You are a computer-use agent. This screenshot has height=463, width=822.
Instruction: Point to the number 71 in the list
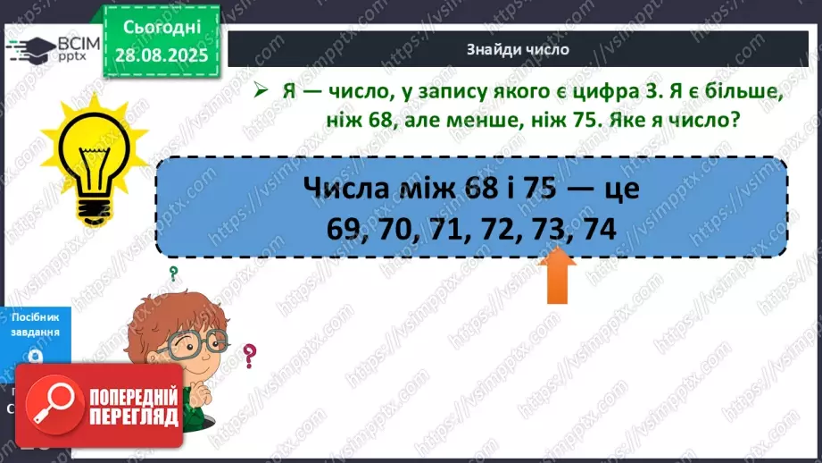(448, 230)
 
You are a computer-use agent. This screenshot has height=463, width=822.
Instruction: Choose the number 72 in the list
(498, 230)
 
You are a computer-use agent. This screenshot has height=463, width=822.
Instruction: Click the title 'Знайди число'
(518, 49)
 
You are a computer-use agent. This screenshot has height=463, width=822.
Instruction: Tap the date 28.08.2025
(160, 55)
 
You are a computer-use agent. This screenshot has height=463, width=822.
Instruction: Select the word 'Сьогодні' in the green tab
(160, 29)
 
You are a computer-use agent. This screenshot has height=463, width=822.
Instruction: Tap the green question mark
(173, 274)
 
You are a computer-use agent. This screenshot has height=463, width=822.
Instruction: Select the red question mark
(250, 356)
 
